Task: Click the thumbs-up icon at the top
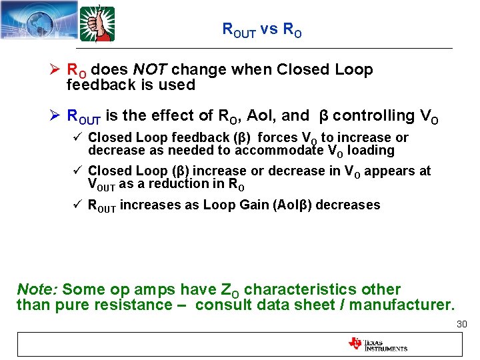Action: point(97,24)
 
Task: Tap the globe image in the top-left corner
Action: point(37,23)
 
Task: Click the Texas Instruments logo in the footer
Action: point(377,344)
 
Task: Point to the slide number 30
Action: point(461,324)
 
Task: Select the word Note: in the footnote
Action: point(37,290)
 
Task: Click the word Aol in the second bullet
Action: point(262,115)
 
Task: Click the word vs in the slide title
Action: point(269,29)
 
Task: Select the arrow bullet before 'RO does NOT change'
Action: point(56,69)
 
